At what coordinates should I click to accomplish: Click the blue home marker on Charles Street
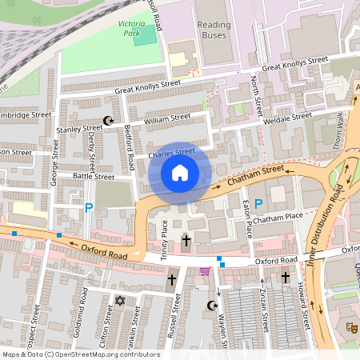coord(180,173)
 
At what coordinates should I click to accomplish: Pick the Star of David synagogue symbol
coord(121,301)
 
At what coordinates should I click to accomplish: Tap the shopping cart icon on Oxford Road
coord(206,271)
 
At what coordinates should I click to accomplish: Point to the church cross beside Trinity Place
coord(186,240)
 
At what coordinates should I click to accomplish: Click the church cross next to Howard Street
coord(286,277)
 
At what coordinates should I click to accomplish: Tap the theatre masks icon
coord(350,327)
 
